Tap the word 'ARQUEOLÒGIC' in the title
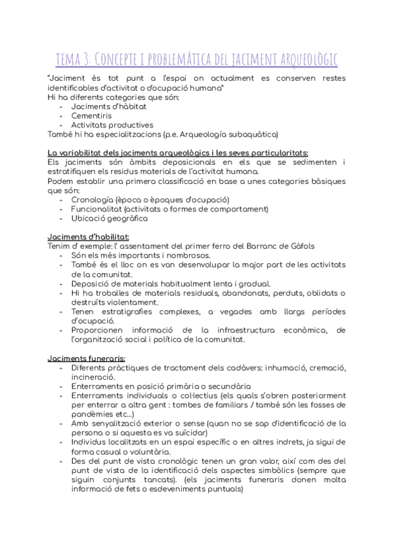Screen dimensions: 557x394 [x=304, y=60]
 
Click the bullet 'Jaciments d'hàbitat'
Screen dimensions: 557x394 [x=108, y=106]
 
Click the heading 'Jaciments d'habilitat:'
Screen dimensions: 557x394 [x=89, y=236]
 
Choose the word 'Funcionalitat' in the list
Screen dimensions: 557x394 [x=96, y=209]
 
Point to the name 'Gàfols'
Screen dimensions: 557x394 [x=299, y=246]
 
